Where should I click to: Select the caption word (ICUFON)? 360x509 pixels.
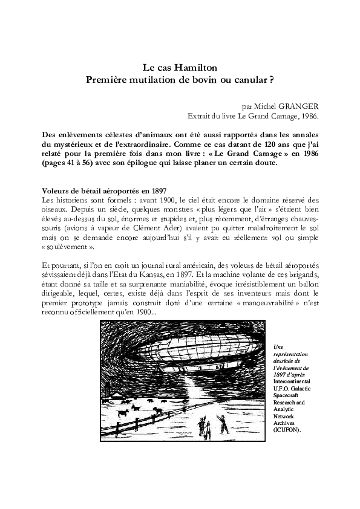tap(287, 430)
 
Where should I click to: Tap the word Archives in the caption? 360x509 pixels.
tap(285, 423)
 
